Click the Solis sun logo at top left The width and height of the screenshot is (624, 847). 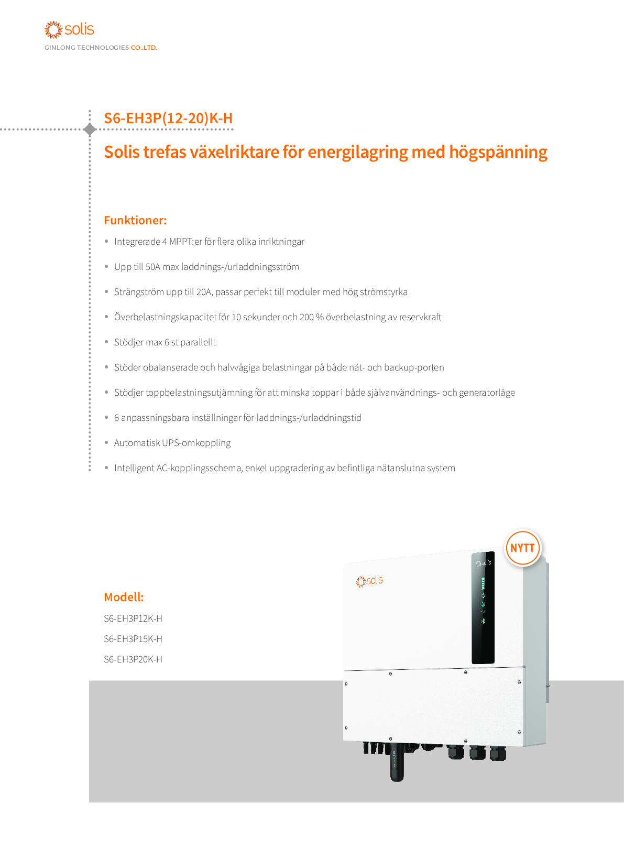pos(53,29)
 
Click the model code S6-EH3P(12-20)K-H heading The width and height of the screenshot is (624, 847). pos(168,118)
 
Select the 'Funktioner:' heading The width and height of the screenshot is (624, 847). pos(135,220)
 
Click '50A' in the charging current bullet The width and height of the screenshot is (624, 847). pos(152,267)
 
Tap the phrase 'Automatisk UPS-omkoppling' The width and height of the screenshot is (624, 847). pos(172,443)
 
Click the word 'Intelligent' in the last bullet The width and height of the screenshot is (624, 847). pos(134,468)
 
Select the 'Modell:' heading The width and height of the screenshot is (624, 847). pos(124,597)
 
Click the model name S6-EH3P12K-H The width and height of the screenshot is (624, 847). pos(133,618)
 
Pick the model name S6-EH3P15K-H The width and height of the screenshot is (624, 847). pos(133,639)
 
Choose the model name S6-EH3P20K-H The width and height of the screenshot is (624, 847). pos(133,659)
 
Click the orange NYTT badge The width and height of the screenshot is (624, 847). pos(522,548)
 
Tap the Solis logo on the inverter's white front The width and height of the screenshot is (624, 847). pos(369,581)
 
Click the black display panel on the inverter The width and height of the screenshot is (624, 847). pos(483,608)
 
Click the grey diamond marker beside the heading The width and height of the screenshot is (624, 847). pos(90,129)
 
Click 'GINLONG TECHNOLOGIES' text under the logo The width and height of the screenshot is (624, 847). pos(86,48)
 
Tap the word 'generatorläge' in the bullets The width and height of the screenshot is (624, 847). pos(487,393)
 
